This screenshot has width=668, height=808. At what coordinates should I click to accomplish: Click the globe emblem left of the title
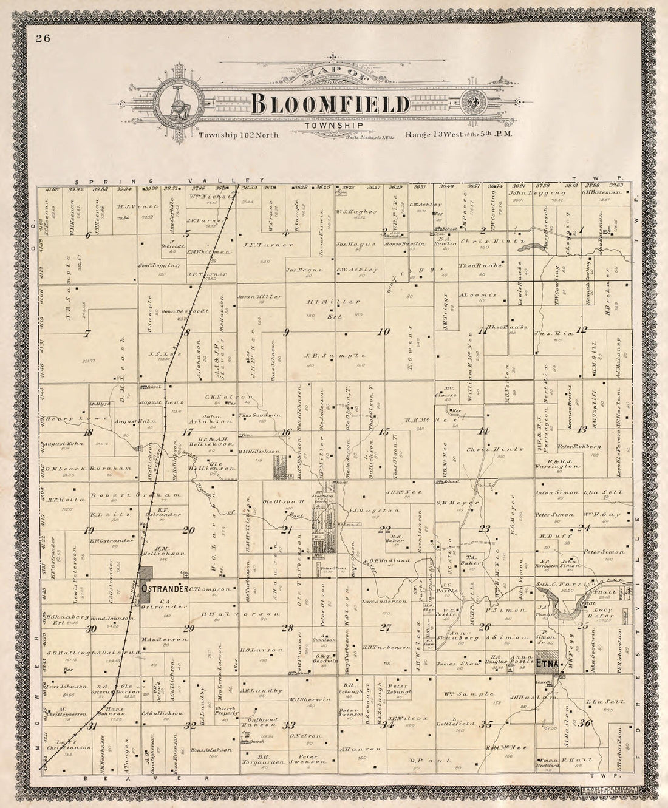pos(180,101)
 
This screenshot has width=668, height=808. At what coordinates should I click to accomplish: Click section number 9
pos(285,331)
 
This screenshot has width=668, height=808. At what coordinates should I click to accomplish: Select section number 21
pos(285,530)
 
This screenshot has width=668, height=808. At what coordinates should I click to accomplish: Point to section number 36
pos(585,722)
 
